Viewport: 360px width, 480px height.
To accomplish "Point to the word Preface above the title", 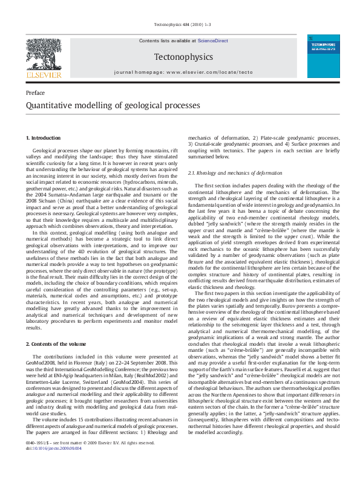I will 35,92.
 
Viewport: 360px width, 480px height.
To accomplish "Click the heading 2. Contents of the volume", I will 56,344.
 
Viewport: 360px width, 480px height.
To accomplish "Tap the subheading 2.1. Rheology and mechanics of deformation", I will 232,173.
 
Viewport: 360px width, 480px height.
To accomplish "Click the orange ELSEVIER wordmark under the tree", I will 44,76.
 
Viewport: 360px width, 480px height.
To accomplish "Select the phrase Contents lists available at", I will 168,40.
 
